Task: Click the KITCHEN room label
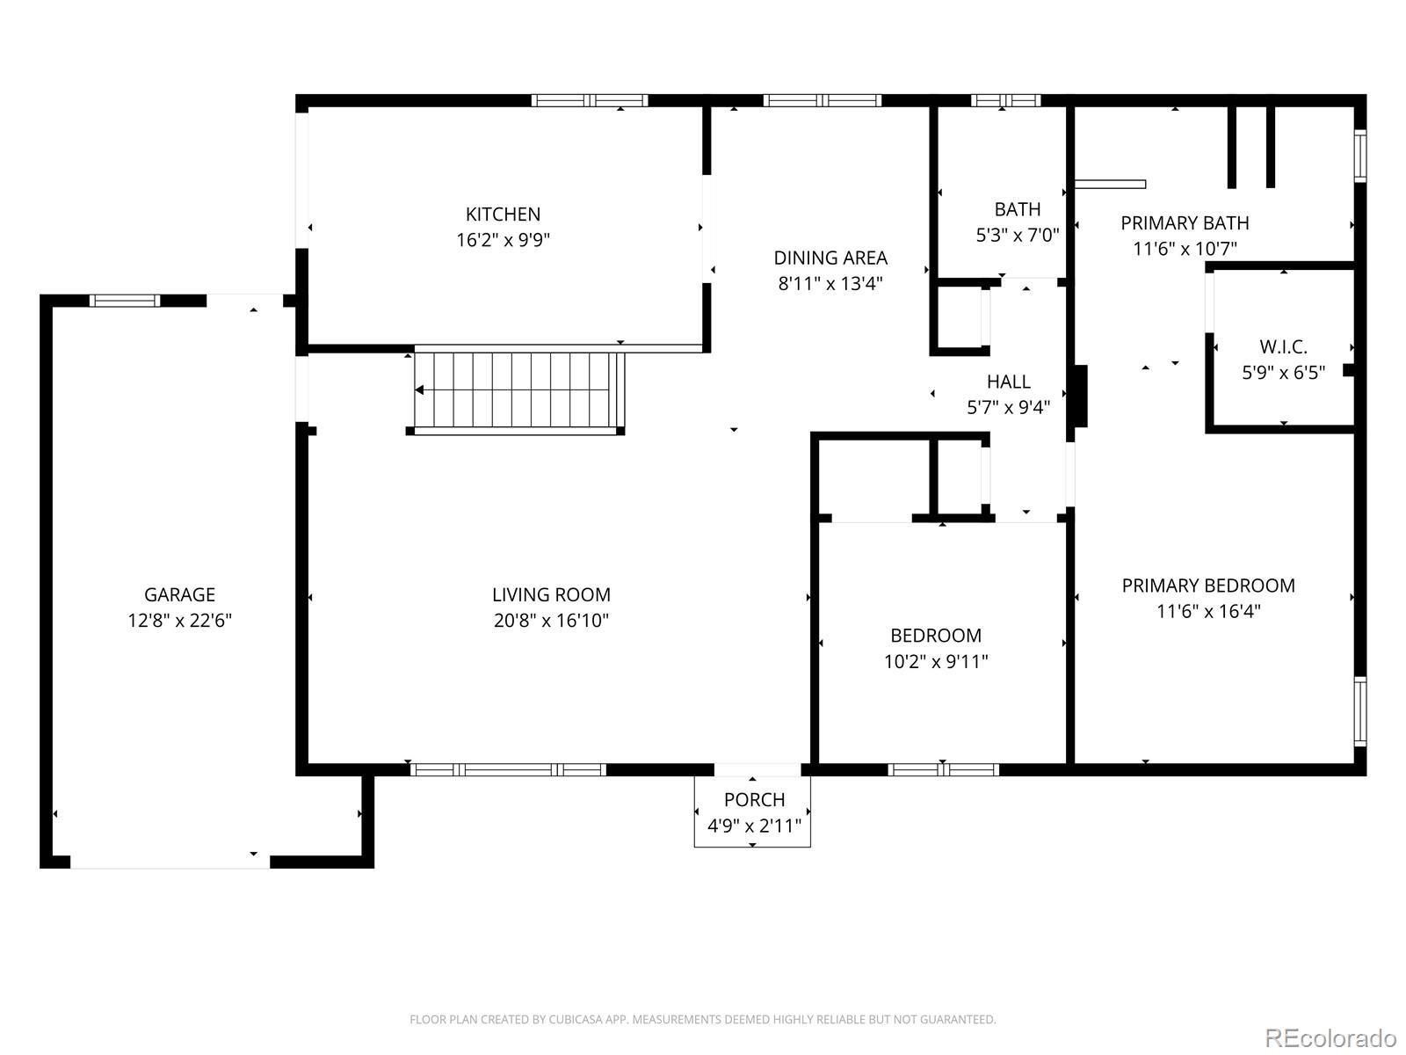[x=503, y=214]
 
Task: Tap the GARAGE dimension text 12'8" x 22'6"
[x=179, y=620]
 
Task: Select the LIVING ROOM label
[x=551, y=594]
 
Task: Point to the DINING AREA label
[x=830, y=258]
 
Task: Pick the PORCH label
[x=754, y=799]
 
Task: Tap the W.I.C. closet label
[x=1283, y=346]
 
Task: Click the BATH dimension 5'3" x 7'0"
[x=1018, y=235]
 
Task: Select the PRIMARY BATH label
[x=1185, y=223]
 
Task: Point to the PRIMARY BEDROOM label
[x=1208, y=586]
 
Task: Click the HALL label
[x=1008, y=382]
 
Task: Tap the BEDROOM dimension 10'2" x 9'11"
[x=936, y=661]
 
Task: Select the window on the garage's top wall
[x=124, y=301]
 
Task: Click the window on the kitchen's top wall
[x=590, y=100]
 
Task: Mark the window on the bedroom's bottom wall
[x=943, y=769]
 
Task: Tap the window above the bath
[x=1005, y=100]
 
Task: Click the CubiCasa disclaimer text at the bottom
[x=703, y=1019]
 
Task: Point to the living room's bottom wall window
[x=508, y=769]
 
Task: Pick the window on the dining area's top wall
[x=822, y=100]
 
